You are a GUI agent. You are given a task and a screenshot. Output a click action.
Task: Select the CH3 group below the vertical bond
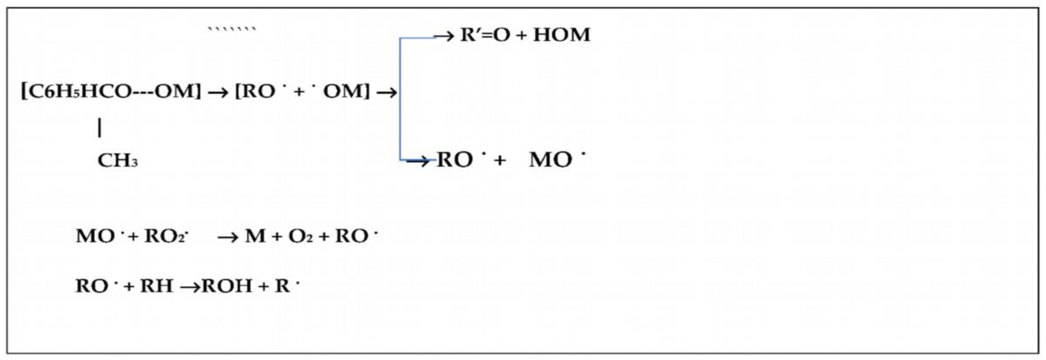[118, 161]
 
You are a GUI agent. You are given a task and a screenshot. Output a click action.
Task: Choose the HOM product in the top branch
[562, 35]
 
